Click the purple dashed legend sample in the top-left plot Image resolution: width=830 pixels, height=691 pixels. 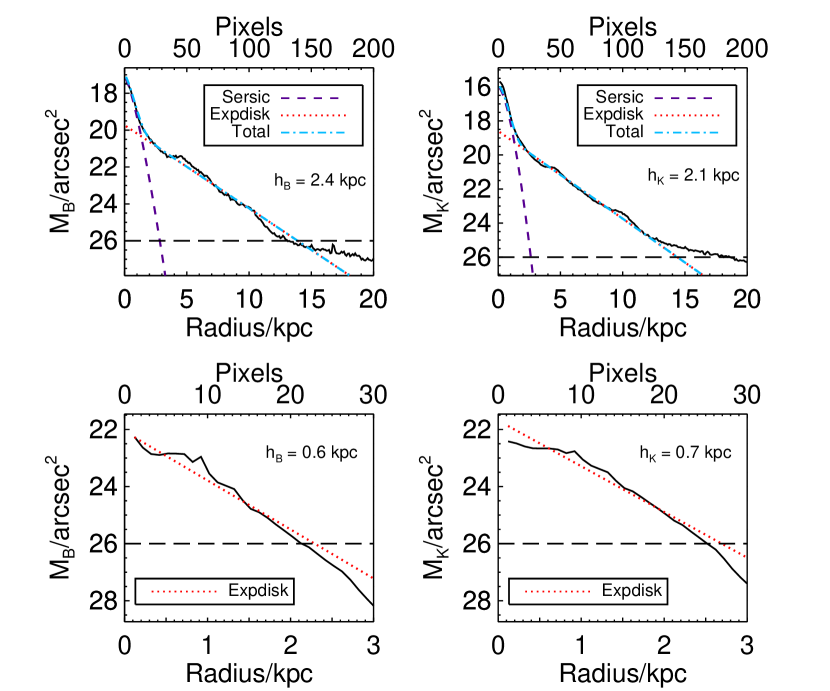310,99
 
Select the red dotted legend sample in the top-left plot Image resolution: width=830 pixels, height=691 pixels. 313,116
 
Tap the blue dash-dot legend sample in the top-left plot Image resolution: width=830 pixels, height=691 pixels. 313,132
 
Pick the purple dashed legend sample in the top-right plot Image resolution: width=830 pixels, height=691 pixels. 683,99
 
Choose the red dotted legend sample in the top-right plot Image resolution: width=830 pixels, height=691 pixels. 686,116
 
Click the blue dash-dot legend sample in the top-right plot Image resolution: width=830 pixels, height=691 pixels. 686,132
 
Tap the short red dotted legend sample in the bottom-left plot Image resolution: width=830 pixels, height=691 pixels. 184,592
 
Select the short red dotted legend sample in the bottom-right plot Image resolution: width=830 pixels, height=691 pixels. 557,592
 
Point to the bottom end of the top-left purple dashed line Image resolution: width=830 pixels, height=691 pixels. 165,274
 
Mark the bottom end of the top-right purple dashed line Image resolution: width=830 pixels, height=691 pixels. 533,273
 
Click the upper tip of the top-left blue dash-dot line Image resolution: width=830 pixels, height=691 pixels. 126,76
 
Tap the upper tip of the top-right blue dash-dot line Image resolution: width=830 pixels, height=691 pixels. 500,86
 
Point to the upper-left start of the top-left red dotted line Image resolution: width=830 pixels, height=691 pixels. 126,126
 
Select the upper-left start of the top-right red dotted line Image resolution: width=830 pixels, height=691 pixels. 500,132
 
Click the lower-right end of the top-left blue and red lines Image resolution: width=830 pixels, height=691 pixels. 348,274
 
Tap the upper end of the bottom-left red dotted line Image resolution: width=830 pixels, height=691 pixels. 135,437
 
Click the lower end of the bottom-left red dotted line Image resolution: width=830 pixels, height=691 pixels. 372,577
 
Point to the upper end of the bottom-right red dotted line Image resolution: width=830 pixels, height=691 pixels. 508,426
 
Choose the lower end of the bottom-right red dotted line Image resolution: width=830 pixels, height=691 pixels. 745,556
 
